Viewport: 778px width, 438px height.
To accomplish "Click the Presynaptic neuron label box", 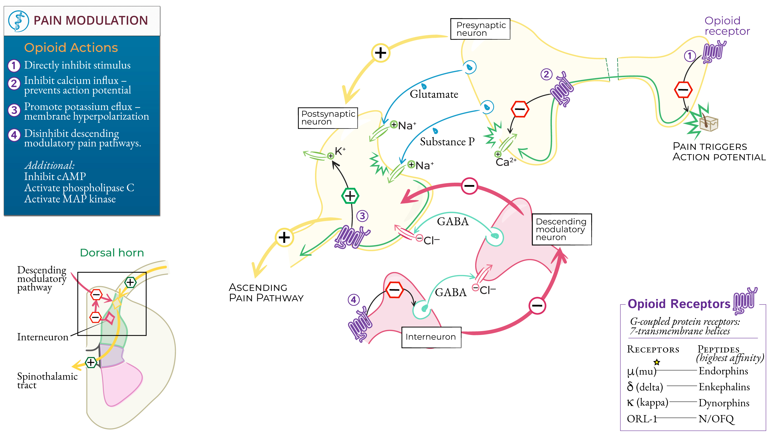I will [x=480, y=29].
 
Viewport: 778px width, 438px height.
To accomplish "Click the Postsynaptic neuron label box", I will [x=328, y=118].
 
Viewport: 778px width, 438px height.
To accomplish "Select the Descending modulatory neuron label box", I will [x=561, y=229].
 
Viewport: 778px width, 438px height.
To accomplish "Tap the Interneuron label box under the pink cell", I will [x=431, y=337].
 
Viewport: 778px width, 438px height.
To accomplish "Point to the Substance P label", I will [x=447, y=142].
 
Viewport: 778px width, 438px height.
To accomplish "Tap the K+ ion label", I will [x=340, y=151].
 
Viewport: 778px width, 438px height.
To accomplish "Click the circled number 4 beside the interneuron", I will [x=353, y=300].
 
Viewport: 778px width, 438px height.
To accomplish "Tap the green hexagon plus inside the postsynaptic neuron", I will [x=350, y=196].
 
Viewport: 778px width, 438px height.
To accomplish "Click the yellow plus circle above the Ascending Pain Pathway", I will [x=284, y=238].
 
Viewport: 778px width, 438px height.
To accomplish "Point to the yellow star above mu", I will [x=657, y=362].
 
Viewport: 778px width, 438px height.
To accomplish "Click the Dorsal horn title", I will [x=112, y=253].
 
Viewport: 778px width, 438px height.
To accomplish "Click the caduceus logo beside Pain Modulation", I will [x=18, y=21].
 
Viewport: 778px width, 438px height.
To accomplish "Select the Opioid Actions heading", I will [x=71, y=48].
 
